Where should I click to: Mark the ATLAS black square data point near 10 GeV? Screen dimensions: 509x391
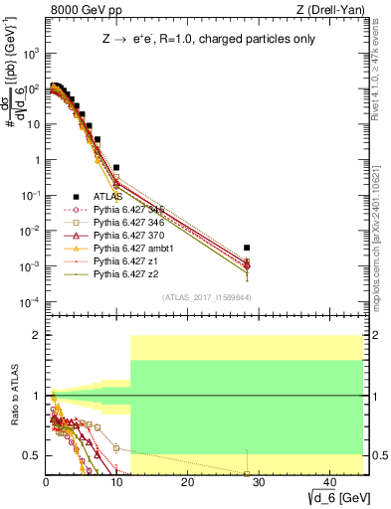[x=116, y=168]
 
